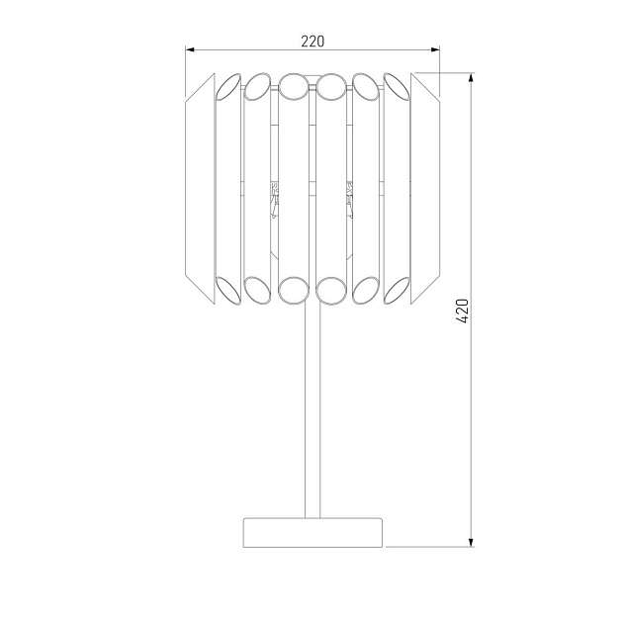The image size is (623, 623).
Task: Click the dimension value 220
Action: point(312,42)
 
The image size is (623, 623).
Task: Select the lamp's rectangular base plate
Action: point(312,531)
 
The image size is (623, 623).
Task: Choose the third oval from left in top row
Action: point(293,87)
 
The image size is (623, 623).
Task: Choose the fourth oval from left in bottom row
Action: point(330,289)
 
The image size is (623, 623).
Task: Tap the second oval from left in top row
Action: point(258,87)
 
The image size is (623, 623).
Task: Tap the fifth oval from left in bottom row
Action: point(366,289)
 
